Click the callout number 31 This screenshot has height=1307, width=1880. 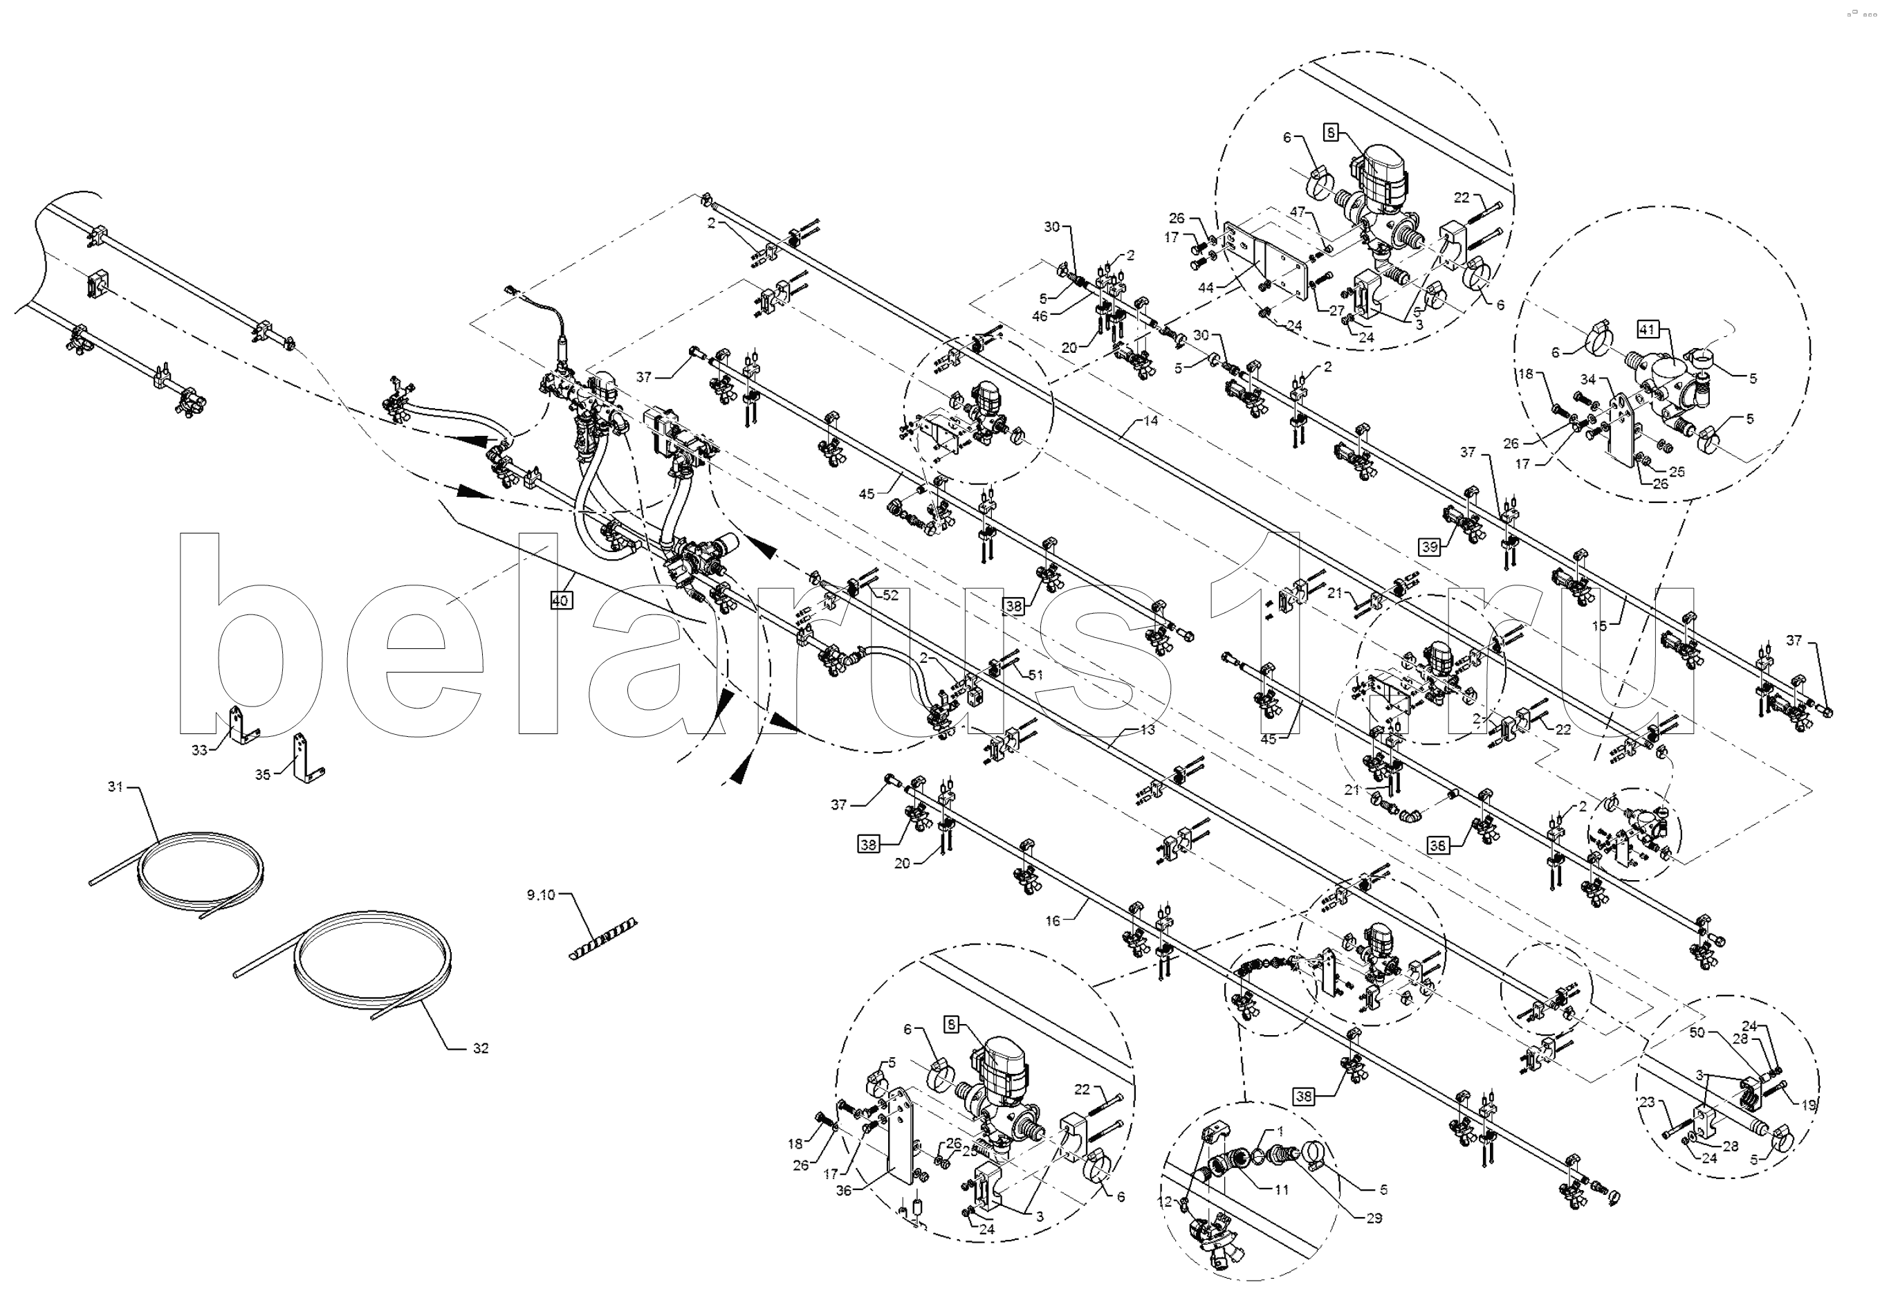click(x=116, y=786)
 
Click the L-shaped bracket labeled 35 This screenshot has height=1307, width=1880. click(x=304, y=758)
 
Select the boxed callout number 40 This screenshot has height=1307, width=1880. click(x=560, y=601)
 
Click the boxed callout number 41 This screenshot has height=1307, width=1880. click(x=1646, y=330)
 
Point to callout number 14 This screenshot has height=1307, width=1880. click(x=1151, y=421)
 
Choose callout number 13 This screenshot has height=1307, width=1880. click(x=1147, y=729)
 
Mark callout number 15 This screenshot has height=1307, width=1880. click(x=1599, y=625)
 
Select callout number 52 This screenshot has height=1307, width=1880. click(x=890, y=595)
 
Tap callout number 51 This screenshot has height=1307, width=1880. click(x=1036, y=675)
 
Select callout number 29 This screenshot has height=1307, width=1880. click(x=1374, y=1218)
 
